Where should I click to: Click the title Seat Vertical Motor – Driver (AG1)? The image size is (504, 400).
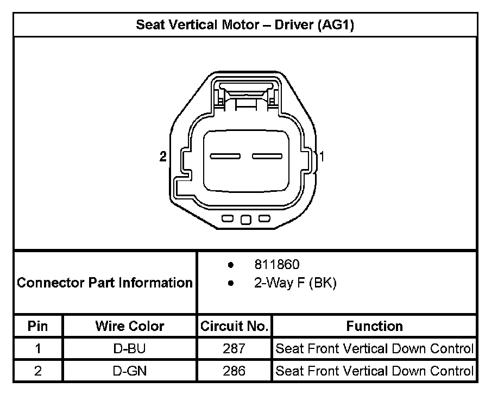[245, 25]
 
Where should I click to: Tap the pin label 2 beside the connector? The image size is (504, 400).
[163, 157]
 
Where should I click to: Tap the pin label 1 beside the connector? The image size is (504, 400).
[322, 157]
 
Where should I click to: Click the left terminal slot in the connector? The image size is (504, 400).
[225, 157]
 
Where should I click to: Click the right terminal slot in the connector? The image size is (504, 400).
[267, 157]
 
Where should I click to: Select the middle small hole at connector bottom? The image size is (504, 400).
[246, 220]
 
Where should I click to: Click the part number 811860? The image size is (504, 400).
[277, 264]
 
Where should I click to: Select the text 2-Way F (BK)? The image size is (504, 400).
[295, 283]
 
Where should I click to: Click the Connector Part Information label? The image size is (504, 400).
[105, 283]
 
